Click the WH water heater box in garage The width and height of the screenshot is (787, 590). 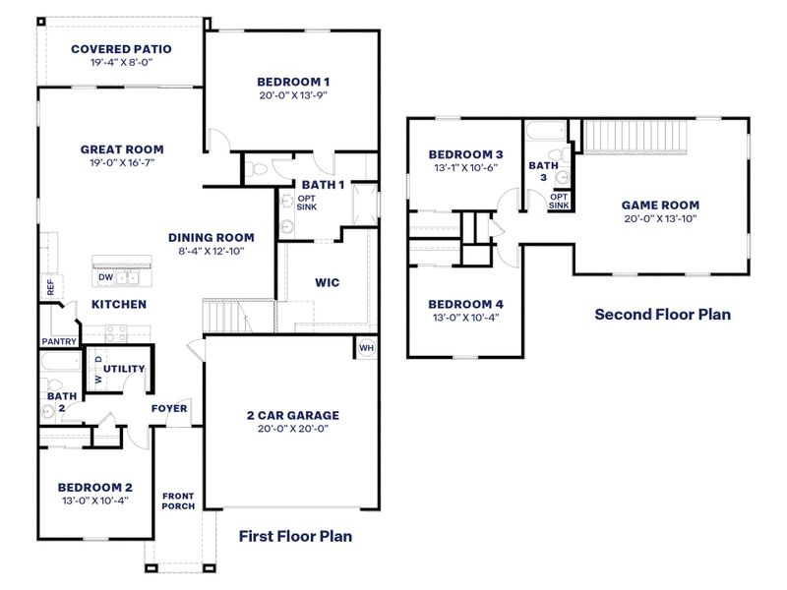(x=366, y=348)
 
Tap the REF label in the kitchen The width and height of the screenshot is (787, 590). (x=50, y=287)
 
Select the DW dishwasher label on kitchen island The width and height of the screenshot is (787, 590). (x=104, y=277)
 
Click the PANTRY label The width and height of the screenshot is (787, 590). (x=59, y=341)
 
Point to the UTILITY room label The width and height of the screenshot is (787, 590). (x=124, y=369)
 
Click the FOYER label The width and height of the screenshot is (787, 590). (x=169, y=408)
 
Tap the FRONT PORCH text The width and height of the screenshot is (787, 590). (x=178, y=501)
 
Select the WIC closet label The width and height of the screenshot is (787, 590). (x=328, y=282)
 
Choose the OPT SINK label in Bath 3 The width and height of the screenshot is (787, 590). (x=559, y=201)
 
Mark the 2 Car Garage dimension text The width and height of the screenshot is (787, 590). (x=292, y=430)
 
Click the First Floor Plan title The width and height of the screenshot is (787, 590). (x=295, y=536)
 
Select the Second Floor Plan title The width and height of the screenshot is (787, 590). (x=662, y=315)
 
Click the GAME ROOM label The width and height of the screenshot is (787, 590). (x=660, y=206)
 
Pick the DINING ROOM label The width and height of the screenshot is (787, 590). (x=212, y=237)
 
